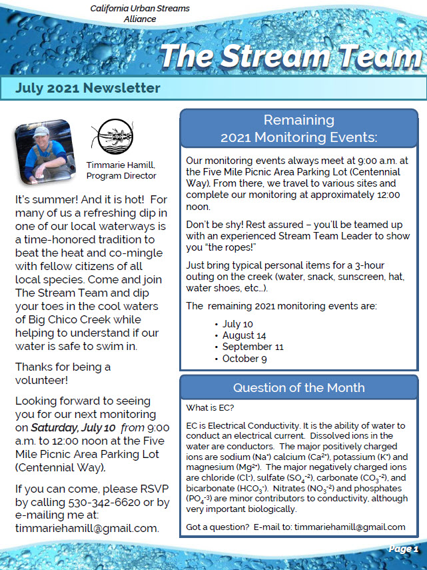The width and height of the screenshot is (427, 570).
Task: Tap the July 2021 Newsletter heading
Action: (x=88, y=88)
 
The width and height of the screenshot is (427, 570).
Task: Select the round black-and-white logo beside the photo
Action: (x=110, y=137)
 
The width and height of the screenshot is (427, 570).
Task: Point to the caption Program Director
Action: (x=121, y=176)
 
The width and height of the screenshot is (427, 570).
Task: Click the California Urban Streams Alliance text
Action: (x=139, y=13)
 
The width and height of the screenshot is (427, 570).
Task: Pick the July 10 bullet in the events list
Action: (x=237, y=323)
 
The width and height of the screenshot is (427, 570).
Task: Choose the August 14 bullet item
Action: (x=244, y=335)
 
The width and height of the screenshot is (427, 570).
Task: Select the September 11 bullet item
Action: (x=252, y=347)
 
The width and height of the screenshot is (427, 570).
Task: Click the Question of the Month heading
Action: (x=298, y=388)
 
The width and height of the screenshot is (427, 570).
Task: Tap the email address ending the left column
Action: (x=87, y=528)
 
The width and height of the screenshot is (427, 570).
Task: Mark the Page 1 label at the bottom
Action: (x=403, y=549)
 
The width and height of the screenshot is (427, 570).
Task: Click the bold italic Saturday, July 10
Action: (x=73, y=427)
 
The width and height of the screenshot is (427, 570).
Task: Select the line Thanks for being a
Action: (x=63, y=367)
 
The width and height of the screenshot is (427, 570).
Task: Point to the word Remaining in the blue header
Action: (x=298, y=120)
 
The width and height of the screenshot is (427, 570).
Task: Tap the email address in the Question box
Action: (x=349, y=527)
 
